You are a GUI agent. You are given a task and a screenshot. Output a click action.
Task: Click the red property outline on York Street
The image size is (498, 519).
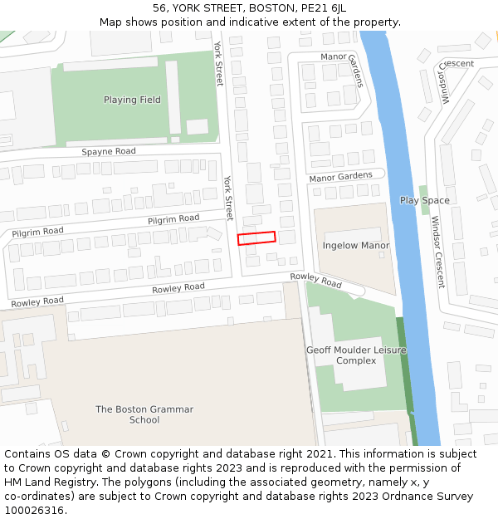(256, 238)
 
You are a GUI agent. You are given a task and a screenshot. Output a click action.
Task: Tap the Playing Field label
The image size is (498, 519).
(132, 100)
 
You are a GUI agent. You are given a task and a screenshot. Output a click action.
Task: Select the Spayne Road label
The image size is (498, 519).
(109, 152)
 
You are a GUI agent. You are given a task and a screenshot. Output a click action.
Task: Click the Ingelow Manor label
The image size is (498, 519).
(356, 246)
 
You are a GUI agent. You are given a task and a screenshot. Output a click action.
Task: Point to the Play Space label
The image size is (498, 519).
(424, 200)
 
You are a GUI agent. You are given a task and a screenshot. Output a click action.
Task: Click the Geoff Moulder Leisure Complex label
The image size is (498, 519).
(356, 355)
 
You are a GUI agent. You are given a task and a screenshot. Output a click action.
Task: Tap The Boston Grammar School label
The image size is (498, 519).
(144, 414)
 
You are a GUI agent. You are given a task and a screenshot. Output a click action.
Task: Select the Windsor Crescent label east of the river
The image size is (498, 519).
(437, 252)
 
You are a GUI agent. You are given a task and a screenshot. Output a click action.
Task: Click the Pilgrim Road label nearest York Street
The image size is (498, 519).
(173, 218)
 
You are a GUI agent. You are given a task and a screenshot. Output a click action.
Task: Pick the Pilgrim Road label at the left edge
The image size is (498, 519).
(37, 231)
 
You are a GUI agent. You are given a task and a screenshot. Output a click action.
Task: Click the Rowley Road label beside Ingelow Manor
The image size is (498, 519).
(315, 280)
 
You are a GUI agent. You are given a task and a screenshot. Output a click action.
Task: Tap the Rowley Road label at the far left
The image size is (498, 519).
(37, 301)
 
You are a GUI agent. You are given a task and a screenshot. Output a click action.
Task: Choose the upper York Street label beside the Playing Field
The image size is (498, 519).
(219, 64)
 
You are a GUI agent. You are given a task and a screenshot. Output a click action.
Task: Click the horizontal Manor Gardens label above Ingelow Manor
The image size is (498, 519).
(340, 177)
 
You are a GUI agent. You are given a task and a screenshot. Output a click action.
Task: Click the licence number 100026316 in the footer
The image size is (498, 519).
(34, 510)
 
